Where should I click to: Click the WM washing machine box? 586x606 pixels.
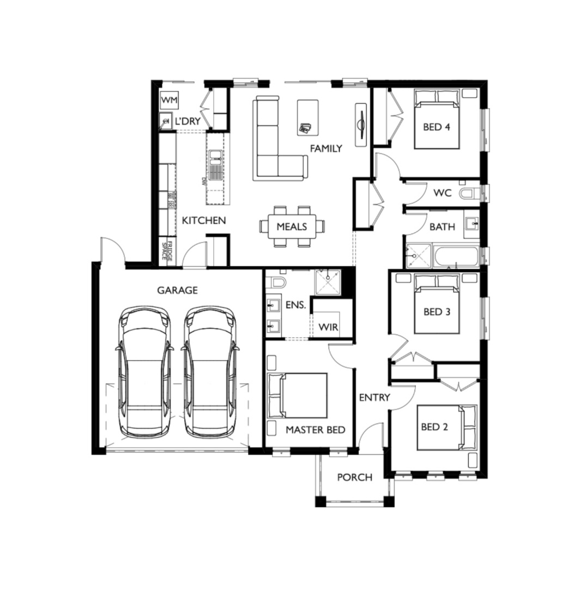click(169, 100)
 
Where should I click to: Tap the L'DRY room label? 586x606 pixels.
click(188, 121)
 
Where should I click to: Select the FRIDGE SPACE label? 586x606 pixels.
click(167, 251)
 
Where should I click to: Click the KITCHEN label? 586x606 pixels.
click(203, 221)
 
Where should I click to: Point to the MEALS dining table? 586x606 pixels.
click(292, 226)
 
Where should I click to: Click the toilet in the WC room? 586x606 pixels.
click(470, 193)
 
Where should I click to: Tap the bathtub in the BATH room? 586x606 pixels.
click(456, 256)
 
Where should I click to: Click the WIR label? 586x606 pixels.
click(328, 327)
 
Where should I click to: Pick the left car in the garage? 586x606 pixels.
click(144, 373)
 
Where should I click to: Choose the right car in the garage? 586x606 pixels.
click(210, 373)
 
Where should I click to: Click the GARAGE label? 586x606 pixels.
click(177, 290)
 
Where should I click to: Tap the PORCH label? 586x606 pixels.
click(355, 477)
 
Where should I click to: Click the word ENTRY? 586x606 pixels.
click(374, 398)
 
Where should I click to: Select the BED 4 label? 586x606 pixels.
click(437, 127)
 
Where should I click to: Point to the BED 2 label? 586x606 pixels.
click(434, 427)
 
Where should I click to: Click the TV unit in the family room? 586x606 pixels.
click(361, 125)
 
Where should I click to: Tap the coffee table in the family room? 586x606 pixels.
click(308, 118)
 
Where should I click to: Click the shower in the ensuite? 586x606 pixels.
click(328, 282)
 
